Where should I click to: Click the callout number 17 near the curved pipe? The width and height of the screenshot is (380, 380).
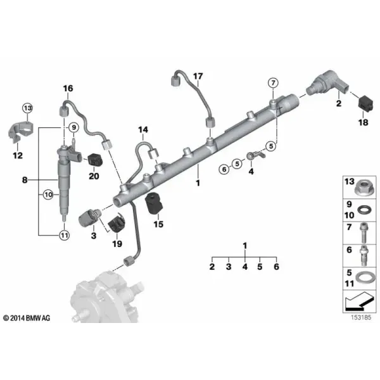pos(198,77)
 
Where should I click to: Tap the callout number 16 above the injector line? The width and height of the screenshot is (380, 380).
pos(68,89)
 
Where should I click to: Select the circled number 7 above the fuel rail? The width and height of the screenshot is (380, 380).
pos(273,83)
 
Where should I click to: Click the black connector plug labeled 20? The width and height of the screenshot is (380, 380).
pos(95,161)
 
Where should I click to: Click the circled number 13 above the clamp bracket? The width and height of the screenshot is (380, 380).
pos(28,108)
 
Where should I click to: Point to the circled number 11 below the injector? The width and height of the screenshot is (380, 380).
pos(64,235)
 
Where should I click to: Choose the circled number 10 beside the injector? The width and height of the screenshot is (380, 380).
pos(49,194)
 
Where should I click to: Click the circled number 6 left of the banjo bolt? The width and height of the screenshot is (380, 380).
pos(224,169)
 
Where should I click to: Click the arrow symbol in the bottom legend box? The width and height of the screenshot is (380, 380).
pos(358,301)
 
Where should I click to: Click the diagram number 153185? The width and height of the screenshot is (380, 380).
pos(361,317)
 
